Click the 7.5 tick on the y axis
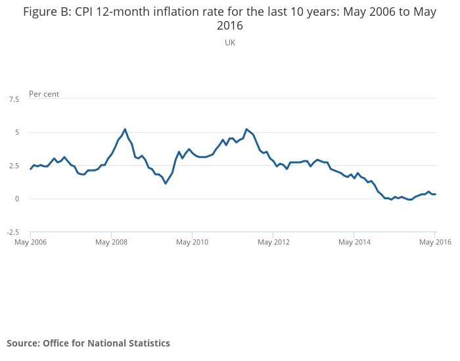(x=14, y=99)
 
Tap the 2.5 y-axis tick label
(x=14, y=166)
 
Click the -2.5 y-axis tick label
(x=13, y=232)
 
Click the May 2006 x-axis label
(x=30, y=243)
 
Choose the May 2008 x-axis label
(x=111, y=243)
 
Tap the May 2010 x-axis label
(x=192, y=243)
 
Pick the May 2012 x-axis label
(x=273, y=243)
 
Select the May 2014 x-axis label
(x=354, y=243)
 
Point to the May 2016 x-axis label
(x=434, y=243)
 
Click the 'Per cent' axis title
(x=44, y=94)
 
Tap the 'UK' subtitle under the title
(x=230, y=43)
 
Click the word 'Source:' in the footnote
(x=23, y=343)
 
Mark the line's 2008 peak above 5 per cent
(x=125, y=130)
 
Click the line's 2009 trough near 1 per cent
(x=166, y=183)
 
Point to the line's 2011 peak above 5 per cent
(x=246, y=130)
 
